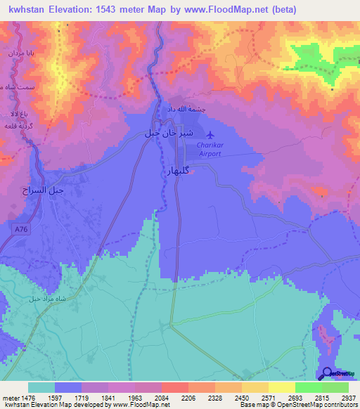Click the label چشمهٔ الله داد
click(x=186, y=110)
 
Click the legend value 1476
click(x=27, y=398)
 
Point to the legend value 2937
click(x=349, y=398)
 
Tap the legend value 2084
click(x=161, y=398)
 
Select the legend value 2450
click(x=241, y=398)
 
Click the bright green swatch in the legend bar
click(x=308, y=387)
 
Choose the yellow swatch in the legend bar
click(x=255, y=387)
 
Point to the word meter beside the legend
click(x=9, y=398)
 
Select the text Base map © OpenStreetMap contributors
click(x=298, y=405)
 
